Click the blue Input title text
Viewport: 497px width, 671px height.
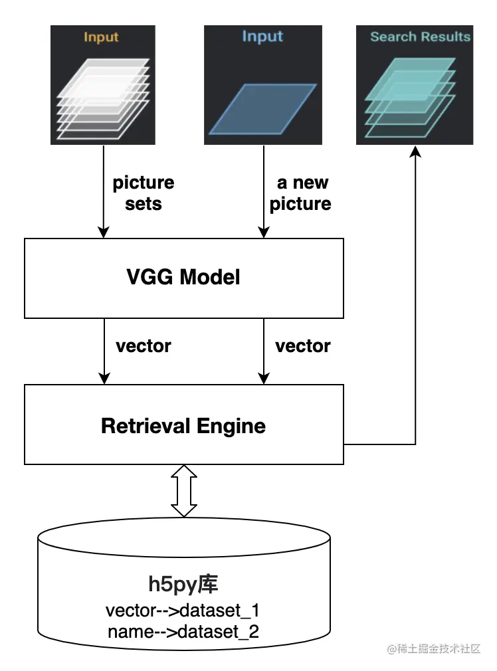click(262, 37)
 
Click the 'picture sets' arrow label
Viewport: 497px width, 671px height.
click(143, 193)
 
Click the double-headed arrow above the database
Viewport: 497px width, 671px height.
click(184, 491)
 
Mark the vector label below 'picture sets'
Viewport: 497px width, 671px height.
click(143, 346)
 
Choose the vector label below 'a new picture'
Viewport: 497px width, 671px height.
click(302, 346)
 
